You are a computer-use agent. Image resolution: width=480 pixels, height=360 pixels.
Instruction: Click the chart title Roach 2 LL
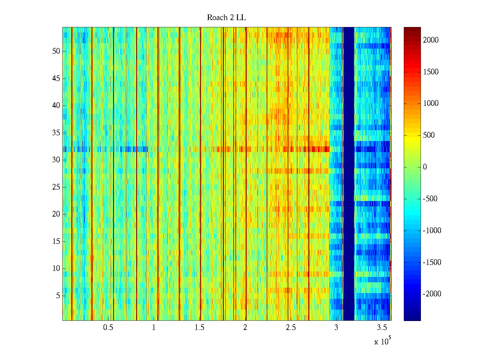(x=226, y=18)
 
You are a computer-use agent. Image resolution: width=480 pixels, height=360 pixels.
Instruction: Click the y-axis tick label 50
(x=56, y=51)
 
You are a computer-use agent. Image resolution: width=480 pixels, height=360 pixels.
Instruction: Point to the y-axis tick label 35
(x=56, y=133)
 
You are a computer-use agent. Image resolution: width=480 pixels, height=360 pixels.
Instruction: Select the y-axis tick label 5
(x=58, y=296)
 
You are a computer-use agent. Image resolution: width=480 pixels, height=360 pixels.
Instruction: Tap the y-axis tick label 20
(x=56, y=214)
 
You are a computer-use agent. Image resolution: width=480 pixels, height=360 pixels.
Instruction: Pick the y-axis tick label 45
(x=56, y=79)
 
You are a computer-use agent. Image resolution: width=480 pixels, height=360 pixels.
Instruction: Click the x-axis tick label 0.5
(x=108, y=328)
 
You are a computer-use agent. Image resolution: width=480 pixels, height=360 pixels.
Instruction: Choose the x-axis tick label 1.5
(x=199, y=328)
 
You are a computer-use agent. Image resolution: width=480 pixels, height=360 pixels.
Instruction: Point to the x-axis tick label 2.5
(x=291, y=328)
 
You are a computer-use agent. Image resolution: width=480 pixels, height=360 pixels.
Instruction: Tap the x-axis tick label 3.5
(x=382, y=328)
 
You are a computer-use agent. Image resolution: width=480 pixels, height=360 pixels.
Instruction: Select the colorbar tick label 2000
(x=431, y=40)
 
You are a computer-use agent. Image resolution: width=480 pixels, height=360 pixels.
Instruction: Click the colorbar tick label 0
(x=425, y=167)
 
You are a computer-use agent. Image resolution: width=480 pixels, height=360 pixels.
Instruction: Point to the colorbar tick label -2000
(x=432, y=294)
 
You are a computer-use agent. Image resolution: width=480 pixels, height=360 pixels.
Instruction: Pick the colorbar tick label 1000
(x=431, y=103)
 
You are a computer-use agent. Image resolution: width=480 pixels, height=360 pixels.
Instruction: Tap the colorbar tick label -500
(x=430, y=199)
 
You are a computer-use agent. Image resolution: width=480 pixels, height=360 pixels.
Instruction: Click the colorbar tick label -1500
(x=432, y=262)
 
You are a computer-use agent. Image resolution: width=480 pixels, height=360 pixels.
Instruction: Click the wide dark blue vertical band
(x=349, y=174)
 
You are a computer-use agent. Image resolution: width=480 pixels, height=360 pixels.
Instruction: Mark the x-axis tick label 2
(x=245, y=328)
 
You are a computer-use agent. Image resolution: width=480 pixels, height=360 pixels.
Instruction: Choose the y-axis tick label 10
(x=56, y=268)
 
